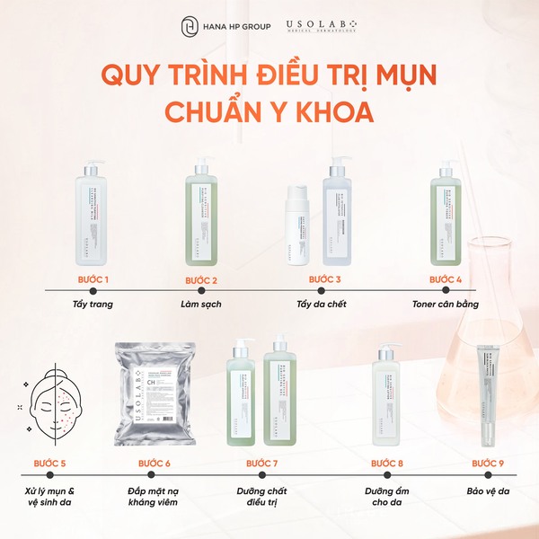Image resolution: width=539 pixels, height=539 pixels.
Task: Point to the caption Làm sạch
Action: click(202, 304)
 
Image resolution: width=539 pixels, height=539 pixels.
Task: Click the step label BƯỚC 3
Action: click(324, 280)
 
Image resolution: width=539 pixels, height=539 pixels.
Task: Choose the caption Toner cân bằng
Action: click(446, 304)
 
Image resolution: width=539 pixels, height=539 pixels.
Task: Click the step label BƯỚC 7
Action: click(262, 464)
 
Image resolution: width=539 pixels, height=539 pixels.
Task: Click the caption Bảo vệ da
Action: click(489, 490)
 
